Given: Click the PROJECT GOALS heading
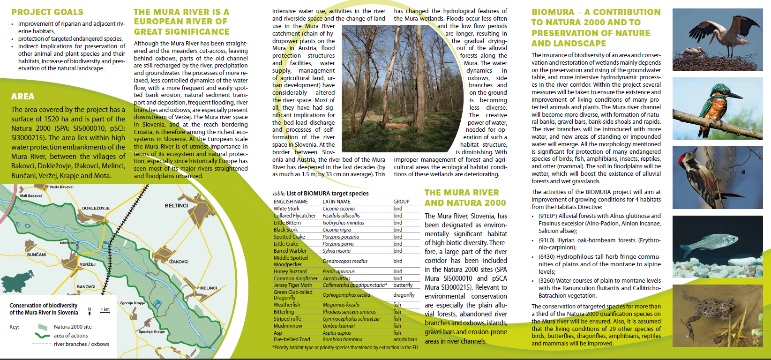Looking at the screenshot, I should click(47, 12).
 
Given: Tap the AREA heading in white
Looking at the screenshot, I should click(22, 97).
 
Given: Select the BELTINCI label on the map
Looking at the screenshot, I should click(176, 206).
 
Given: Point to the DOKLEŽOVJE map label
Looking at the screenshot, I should click(96, 208).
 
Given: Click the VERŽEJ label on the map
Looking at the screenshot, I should click(87, 264).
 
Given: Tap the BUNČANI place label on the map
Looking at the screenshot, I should click(37, 255).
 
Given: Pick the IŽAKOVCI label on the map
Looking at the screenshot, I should click(179, 262).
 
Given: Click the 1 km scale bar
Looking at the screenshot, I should click(105, 311).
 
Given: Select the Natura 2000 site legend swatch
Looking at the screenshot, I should click(43, 327).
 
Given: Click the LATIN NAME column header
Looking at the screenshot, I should click(336, 202).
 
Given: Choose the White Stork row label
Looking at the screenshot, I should click(286, 209).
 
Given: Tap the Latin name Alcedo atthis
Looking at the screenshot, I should click(337, 278).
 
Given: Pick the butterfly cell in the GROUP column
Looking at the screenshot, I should click(403, 285).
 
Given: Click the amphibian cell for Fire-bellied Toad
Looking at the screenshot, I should click(405, 339).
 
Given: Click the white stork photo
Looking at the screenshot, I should click(719, 40).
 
